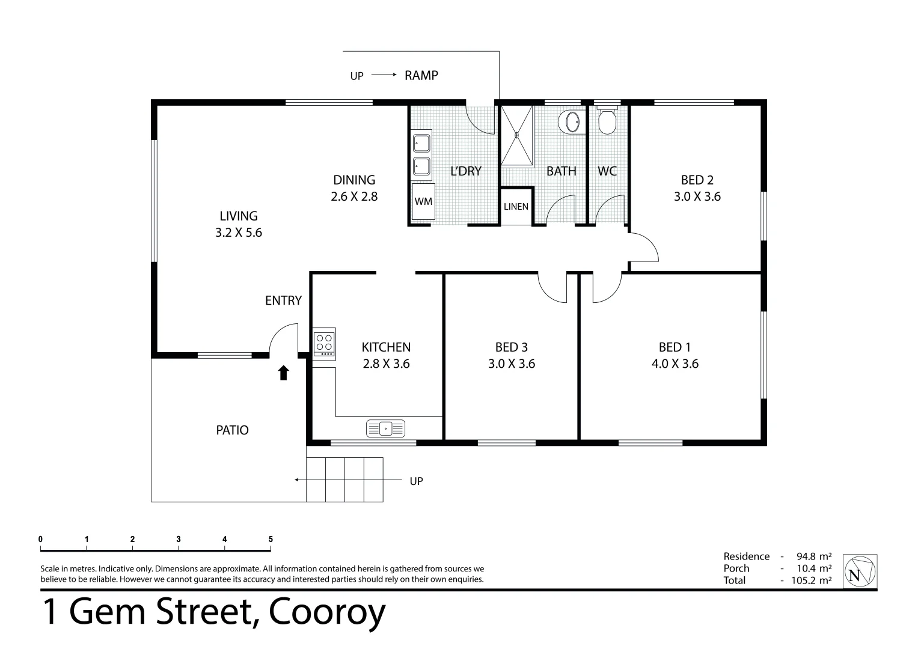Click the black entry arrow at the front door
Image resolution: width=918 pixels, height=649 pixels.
coord(283,373)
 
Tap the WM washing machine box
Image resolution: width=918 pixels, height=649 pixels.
coord(423,202)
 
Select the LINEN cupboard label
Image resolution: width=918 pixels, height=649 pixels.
coord(516,207)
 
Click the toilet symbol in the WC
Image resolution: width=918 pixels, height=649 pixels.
coord(607,121)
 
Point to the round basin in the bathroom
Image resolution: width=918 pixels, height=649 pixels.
coord(570,123)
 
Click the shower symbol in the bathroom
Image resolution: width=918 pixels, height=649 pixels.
coord(516,135)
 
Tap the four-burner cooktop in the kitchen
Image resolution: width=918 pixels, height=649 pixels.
coord(324,343)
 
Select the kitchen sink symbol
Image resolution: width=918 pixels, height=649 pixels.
coord(385,428)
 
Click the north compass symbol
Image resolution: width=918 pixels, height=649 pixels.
coord(860,571)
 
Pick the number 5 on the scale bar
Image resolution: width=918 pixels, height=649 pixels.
coord(271,539)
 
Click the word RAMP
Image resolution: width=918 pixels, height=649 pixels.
coord(421,75)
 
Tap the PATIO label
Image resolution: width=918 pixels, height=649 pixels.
coord(232,430)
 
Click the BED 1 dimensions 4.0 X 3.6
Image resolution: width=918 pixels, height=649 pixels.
coord(675,364)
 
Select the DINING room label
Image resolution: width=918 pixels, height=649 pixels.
coord(354,180)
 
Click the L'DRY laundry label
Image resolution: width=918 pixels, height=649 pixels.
coord(466,171)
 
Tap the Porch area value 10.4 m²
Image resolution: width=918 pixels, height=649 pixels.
coord(815,568)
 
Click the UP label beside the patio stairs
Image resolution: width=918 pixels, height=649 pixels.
coord(416,481)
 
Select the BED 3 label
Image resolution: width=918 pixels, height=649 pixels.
coord(511,347)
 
